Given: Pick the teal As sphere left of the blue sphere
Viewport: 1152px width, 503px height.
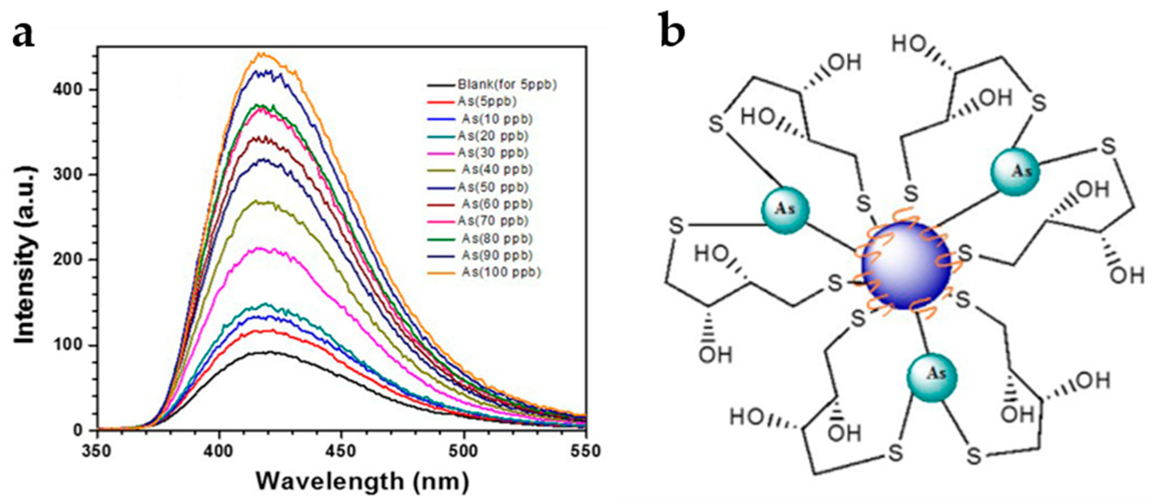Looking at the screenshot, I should click(x=785, y=210).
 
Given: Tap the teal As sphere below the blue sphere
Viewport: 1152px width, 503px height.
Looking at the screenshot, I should click(x=932, y=377).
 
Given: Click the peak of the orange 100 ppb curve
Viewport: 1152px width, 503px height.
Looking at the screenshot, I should click(x=263, y=54).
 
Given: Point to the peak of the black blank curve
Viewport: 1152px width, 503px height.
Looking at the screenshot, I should click(x=268, y=352).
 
